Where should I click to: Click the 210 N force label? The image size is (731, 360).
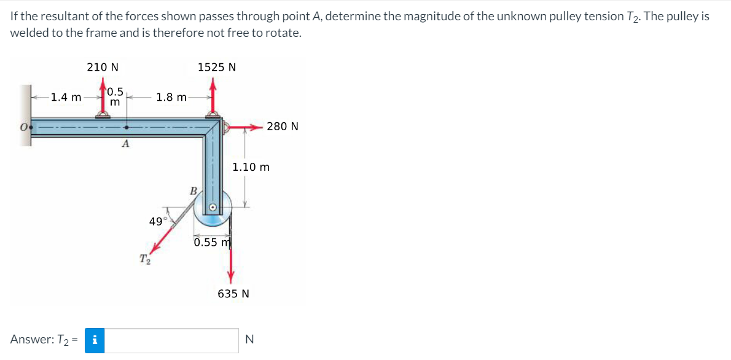pyautogui.click(x=103, y=67)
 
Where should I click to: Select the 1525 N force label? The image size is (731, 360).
pyautogui.click(x=217, y=67)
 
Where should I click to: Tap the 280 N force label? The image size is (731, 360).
pyautogui.click(x=283, y=127)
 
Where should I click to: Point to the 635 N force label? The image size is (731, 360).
pyautogui.click(x=233, y=294)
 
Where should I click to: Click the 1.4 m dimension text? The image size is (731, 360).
pyautogui.click(x=66, y=97)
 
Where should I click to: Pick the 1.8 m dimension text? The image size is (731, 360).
pyautogui.click(x=171, y=97)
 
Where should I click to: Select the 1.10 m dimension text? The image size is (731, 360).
pyautogui.click(x=251, y=166)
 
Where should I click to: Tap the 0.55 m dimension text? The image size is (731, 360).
pyautogui.click(x=211, y=242)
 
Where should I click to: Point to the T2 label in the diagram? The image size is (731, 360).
pyautogui.click(x=144, y=259)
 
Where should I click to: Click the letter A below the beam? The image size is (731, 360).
pyautogui.click(x=126, y=144)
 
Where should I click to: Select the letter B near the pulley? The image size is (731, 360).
pyautogui.click(x=192, y=190)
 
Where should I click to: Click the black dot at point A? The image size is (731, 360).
pyautogui.click(x=127, y=128)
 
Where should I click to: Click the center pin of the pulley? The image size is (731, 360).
pyautogui.click(x=213, y=208)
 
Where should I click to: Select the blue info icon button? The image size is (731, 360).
pyautogui.click(x=95, y=339)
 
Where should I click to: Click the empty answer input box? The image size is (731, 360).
pyautogui.click(x=173, y=340)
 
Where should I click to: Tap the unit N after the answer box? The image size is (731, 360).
pyautogui.click(x=249, y=339)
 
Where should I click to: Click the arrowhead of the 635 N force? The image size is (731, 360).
pyautogui.click(x=231, y=278)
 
